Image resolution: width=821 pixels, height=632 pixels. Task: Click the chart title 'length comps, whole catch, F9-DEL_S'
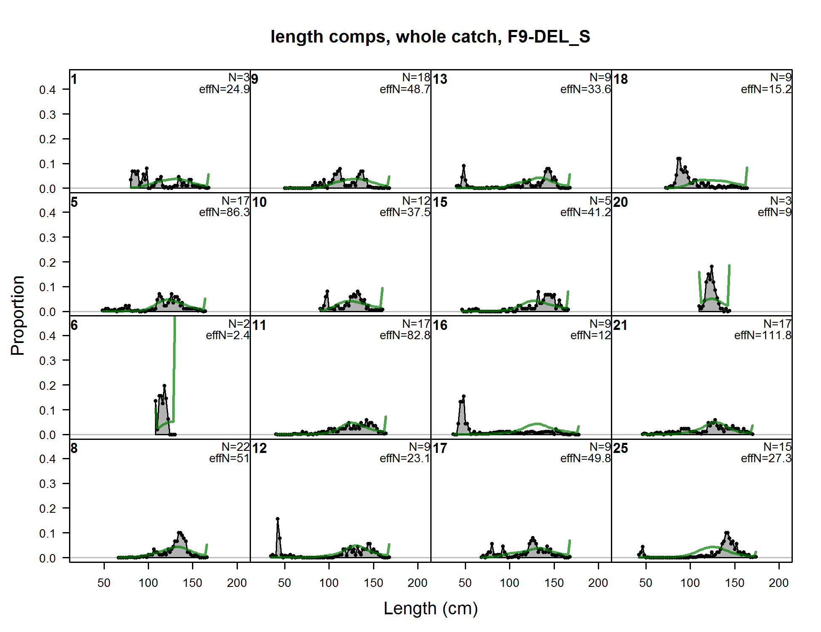[x=430, y=37]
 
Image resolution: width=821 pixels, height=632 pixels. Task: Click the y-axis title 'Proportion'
[x=18, y=316]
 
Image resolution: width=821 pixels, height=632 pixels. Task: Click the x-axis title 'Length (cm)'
[x=431, y=608]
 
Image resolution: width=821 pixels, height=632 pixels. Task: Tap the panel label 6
[x=74, y=325]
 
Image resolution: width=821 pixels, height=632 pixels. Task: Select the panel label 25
[x=621, y=448]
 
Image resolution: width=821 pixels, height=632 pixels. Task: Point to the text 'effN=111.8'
[x=763, y=335]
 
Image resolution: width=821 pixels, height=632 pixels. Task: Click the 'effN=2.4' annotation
[x=228, y=335]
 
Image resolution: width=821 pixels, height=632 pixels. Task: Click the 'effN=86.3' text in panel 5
[x=224, y=212]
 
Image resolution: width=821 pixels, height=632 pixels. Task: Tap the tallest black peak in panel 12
[x=277, y=519]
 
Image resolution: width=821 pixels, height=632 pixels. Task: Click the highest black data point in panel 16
[x=464, y=396]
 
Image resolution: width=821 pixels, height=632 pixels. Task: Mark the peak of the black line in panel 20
[x=712, y=266]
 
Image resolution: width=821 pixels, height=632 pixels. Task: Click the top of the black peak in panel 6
[x=164, y=386]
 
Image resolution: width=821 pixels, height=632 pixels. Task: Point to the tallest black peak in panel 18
[x=679, y=158]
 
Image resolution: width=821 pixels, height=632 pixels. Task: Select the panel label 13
[x=440, y=79]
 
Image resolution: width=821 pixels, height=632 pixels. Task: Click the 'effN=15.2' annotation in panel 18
[x=766, y=89]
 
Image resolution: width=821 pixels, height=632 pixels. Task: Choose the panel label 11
[x=259, y=325]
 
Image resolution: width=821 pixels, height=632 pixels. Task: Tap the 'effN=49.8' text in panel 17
[x=586, y=458]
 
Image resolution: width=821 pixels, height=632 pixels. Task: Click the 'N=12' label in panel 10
[x=416, y=201]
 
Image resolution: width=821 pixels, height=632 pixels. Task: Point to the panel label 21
[x=621, y=325]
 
